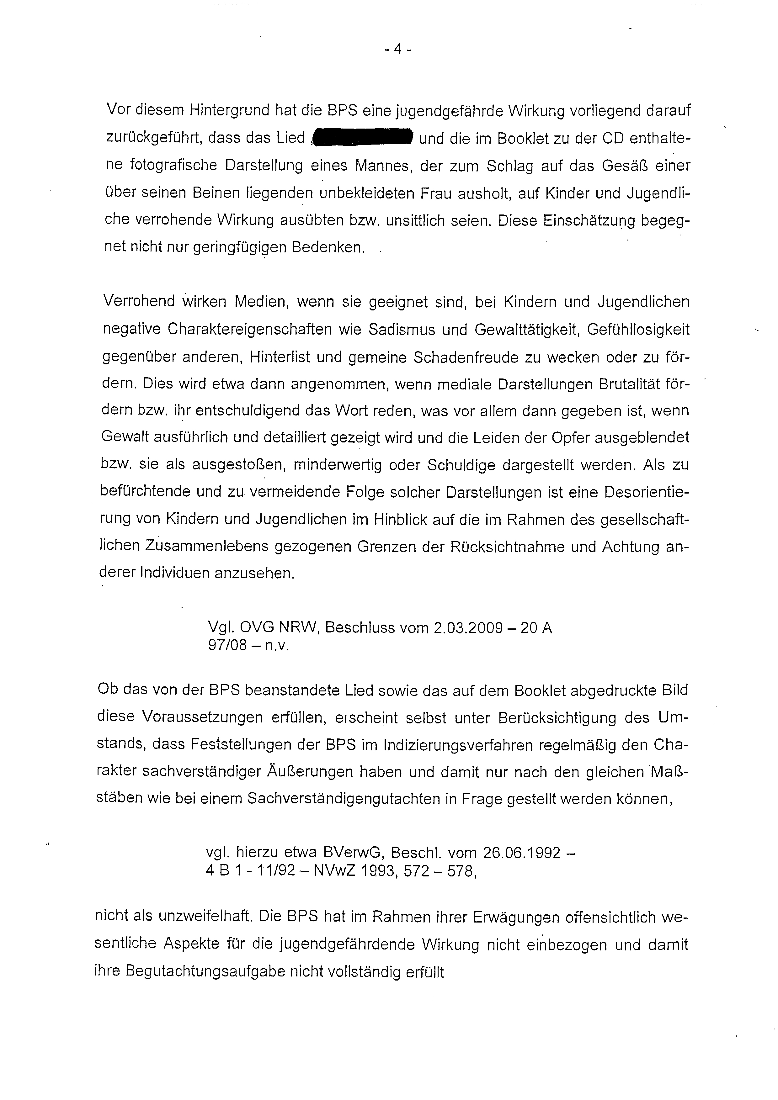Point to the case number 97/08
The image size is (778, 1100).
point(228,645)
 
